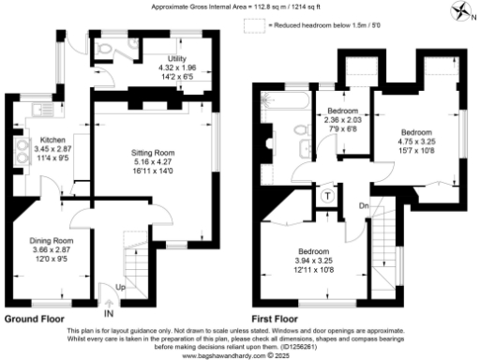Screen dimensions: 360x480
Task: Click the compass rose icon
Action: (461, 12)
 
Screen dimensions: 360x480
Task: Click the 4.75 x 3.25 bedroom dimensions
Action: (415, 142)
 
